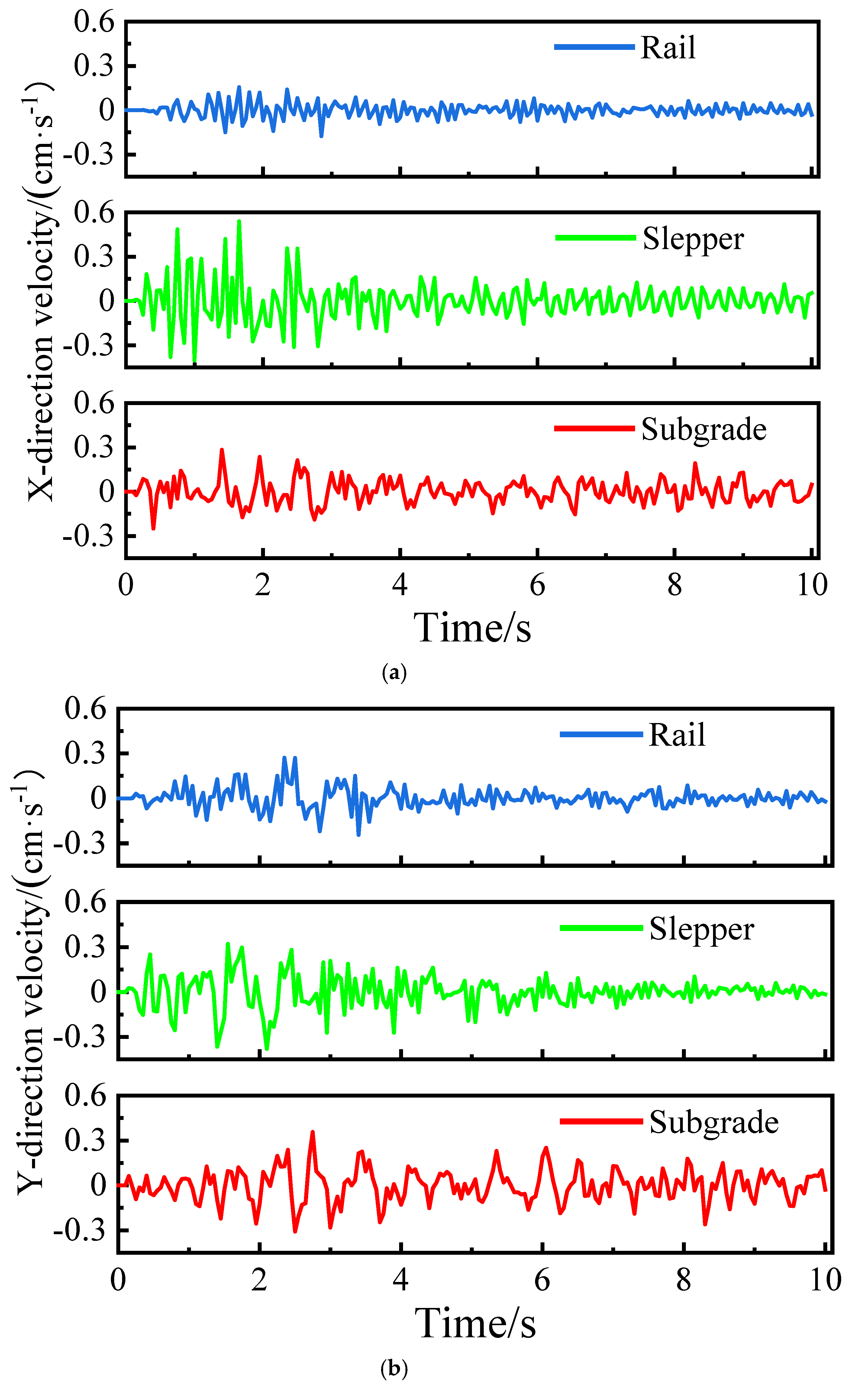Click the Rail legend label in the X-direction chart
coord(668,47)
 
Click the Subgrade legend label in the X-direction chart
coord(704,429)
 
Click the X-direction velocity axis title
coord(40,292)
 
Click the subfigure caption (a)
coord(395,673)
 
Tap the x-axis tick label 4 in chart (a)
coord(400,585)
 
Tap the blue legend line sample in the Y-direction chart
coord(601,735)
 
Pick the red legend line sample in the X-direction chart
coord(594,429)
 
